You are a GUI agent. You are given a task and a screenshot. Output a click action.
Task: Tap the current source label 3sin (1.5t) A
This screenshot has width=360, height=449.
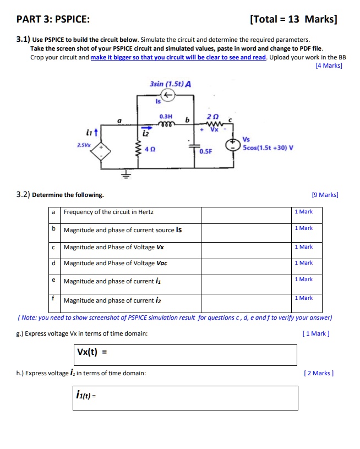click(170, 84)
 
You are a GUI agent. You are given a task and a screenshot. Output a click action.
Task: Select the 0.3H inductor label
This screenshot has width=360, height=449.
click(165, 117)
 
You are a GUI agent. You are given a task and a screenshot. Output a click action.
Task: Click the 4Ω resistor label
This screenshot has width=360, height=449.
click(149, 150)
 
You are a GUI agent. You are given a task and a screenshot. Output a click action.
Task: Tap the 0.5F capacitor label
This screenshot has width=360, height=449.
click(206, 151)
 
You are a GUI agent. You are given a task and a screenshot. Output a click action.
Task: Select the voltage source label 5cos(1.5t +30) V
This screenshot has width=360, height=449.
click(268, 148)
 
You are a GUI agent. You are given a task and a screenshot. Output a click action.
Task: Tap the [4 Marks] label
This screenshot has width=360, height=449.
click(329, 65)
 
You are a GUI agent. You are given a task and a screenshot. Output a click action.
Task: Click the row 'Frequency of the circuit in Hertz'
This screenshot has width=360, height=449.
click(109, 212)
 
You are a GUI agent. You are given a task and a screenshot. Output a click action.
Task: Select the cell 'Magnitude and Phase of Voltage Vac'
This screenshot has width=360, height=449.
click(116, 263)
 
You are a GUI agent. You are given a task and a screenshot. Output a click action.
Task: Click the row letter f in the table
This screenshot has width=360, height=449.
click(53, 298)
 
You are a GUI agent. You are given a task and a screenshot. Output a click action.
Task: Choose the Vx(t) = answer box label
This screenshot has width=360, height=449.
click(92, 353)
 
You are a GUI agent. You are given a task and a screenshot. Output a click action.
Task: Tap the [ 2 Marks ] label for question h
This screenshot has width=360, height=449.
click(318, 373)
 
